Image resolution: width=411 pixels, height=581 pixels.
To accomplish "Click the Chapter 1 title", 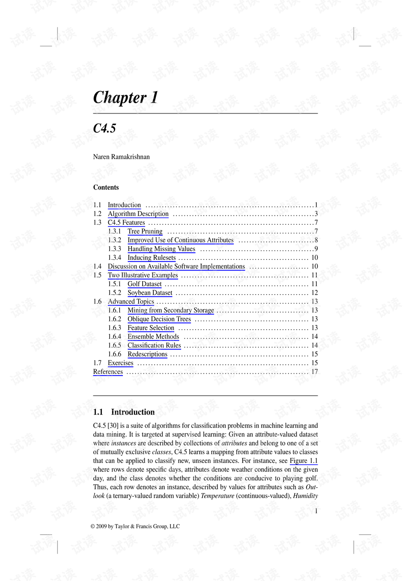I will click(125, 98).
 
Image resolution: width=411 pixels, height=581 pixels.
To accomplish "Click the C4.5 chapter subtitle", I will click(104, 128).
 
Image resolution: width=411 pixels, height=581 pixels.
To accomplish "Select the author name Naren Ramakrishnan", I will click(121, 157).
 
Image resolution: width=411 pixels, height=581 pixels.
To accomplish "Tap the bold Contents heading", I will click(106, 187).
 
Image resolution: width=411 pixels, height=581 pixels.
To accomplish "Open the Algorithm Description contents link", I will click(138, 214).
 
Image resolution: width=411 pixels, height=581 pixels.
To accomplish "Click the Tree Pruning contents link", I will click(145, 231).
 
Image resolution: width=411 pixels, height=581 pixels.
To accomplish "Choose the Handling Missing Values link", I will click(161, 249).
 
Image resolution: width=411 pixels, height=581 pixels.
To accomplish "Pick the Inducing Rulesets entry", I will click(151, 258).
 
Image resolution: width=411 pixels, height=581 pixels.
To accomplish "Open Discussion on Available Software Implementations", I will click(176, 266).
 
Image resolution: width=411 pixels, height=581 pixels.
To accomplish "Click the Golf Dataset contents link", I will click(144, 284).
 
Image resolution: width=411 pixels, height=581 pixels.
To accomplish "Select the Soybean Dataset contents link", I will click(150, 293).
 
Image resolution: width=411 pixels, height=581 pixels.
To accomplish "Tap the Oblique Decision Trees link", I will click(159, 319).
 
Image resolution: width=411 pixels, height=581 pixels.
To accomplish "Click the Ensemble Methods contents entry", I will click(153, 337).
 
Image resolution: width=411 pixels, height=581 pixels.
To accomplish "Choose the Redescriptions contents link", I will click(147, 354).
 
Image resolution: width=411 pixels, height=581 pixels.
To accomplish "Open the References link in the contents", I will click(108, 372).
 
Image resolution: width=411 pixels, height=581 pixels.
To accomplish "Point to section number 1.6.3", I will click(114, 328).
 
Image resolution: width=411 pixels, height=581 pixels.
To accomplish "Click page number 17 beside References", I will click(314, 372).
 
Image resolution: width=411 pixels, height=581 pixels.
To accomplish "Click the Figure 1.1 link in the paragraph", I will click(304, 461).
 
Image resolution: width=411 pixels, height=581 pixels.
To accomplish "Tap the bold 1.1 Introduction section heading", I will click(124, 412).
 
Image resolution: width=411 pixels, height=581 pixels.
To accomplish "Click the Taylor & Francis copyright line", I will click(135, 526).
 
